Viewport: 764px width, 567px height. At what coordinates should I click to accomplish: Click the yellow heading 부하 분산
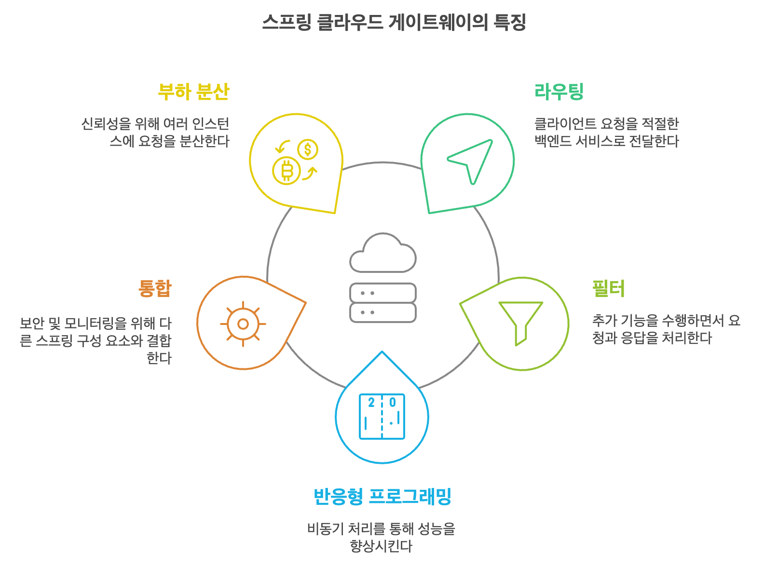193,92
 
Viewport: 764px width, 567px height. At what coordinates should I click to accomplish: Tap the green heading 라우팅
559,92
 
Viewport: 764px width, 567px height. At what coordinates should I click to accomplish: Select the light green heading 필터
608,288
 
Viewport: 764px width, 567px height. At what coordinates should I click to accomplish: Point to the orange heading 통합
155,288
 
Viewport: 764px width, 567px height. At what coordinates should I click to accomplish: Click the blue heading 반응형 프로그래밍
382,496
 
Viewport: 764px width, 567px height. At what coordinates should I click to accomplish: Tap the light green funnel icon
520,322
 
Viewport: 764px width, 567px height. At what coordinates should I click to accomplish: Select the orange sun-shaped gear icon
243,324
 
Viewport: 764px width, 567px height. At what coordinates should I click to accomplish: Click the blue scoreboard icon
382,416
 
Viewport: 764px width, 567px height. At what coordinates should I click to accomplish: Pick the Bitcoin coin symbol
286,171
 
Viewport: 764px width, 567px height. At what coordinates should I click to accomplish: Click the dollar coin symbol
308,149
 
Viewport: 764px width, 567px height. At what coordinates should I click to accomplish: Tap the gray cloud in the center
382,254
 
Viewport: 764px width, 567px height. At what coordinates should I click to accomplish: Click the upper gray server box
382,293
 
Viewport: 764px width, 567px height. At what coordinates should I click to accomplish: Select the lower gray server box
382,312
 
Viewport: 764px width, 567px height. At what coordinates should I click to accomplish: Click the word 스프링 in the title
286,22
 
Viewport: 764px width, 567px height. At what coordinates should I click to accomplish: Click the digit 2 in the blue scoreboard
371,403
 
